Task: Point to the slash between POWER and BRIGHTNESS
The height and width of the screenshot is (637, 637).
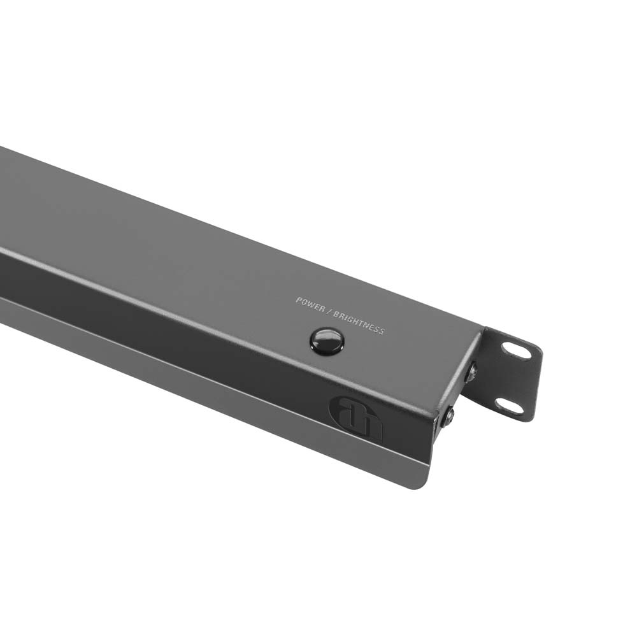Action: click(x=329, y=311)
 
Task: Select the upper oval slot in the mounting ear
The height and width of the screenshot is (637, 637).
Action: click(x=516, y=350)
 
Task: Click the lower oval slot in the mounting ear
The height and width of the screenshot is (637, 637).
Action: click(x=509, y=406)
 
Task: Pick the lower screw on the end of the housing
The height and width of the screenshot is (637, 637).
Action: click(x=449, y=417)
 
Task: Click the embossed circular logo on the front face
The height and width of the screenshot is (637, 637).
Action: click(x=355, y=419)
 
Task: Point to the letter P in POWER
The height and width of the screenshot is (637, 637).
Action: click(x=298, y=299)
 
